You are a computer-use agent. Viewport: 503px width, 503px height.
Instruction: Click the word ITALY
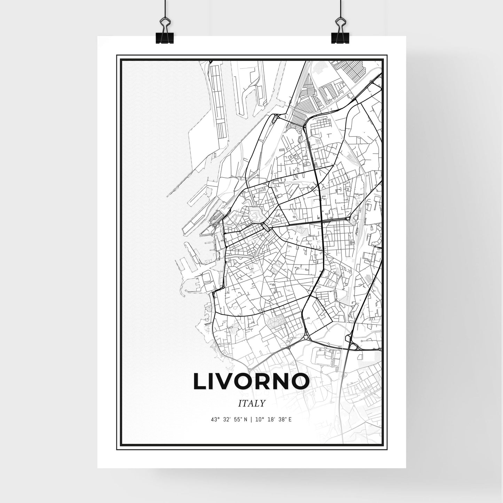tap(252, 403)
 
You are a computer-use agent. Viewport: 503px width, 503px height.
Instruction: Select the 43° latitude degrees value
tap(215, 420)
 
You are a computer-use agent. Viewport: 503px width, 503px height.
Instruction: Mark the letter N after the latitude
tap(246, 420)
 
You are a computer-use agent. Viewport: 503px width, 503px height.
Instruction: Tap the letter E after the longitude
tap(290, 420)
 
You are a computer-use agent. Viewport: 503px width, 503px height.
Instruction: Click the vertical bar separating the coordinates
tap(252, 420)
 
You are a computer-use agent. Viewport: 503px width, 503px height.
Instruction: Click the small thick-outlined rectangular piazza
tap(265, 227)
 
